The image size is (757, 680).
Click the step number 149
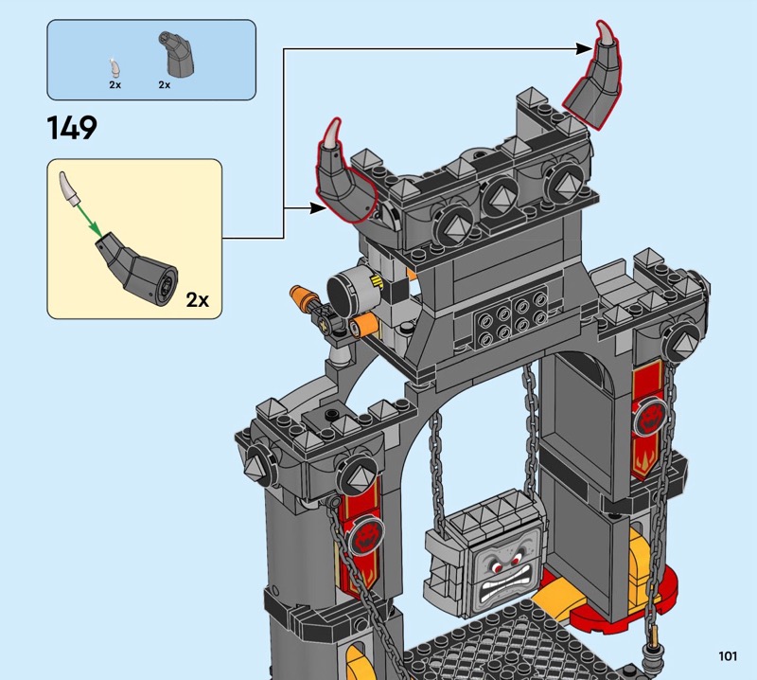(72, 127)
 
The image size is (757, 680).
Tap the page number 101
(727, 655)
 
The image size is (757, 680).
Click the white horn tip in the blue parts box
(114, 67)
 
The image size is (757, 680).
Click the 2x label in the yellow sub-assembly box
(197, 300)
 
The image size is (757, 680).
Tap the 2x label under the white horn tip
(114, 85)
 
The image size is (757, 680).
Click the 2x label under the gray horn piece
(164, 85)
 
